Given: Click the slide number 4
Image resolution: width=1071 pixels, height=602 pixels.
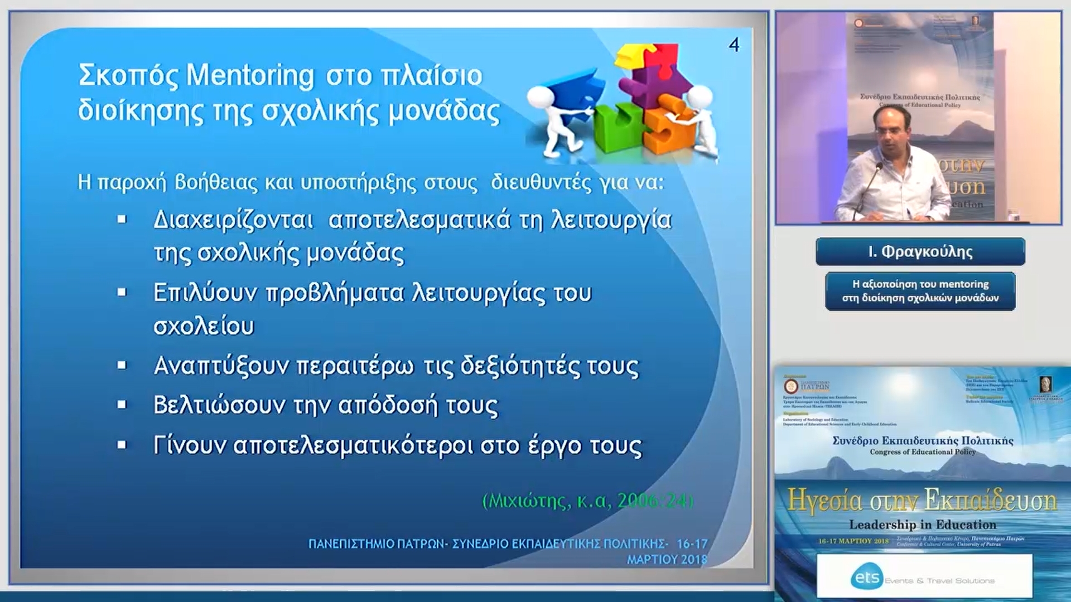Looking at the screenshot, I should [x=734, y=45].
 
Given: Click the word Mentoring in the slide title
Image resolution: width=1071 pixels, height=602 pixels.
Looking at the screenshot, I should [x=250, y=75].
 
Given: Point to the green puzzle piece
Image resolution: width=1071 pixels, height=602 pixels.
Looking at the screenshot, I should [x=616, y=128].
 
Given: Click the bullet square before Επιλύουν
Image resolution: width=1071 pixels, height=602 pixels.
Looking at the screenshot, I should [x=122, y=293].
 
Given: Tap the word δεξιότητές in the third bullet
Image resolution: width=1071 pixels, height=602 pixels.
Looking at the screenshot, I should [x=520, y=366].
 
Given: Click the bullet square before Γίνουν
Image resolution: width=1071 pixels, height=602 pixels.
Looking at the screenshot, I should [x=122, y=445].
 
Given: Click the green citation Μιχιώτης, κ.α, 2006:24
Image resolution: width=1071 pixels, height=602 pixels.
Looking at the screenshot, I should [x=587, y=501].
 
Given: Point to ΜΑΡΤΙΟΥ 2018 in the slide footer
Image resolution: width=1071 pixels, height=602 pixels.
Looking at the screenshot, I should [x=667, y=559].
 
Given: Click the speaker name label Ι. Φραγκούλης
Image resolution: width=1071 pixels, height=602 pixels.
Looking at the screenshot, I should [x=920, y=252].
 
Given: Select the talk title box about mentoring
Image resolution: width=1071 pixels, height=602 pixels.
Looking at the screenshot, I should [x=920, y=291].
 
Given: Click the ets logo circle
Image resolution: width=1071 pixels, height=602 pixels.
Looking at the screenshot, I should [x=867, y=577].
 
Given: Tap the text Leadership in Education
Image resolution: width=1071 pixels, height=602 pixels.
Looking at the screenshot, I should [x=922, y=525].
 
